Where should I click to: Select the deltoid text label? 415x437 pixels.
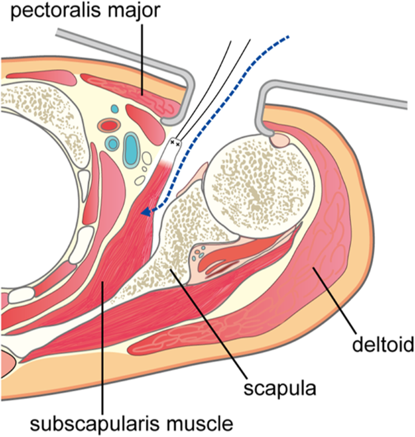[383, 344]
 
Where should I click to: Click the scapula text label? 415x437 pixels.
[280, 388]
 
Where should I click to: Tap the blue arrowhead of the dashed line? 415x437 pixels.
[146, 213]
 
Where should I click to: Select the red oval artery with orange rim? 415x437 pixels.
[110, 125]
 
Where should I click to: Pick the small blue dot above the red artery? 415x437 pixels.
[115, 108]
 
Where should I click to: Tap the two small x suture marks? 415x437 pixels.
[174, 143]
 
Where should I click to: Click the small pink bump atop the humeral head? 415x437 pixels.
[281, 141]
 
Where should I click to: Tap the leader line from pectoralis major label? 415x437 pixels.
[142, 59]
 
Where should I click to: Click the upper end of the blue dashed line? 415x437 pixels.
[289, 36]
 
